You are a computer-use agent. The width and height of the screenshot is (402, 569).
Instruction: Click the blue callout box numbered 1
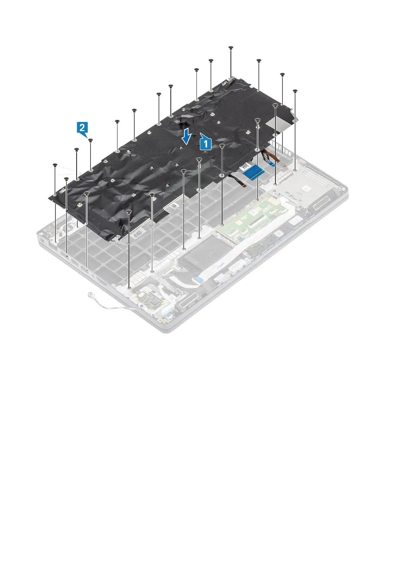[x=206, y=144]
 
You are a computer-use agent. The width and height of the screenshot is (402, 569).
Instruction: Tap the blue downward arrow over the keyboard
[x=186, y=137]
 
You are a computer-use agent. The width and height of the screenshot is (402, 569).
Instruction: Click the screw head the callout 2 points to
[x=90, y=139]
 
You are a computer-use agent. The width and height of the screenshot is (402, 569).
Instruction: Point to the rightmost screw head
[x=295, y=91]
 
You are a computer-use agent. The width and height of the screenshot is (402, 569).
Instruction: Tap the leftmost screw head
[x=55, y=165]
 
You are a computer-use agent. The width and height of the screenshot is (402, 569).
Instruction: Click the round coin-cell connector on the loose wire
[x=90, y=294]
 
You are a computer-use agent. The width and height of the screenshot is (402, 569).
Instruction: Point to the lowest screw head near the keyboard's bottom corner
[x=129, y=211]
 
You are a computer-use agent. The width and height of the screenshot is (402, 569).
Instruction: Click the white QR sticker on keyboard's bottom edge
[x=173, y=205]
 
